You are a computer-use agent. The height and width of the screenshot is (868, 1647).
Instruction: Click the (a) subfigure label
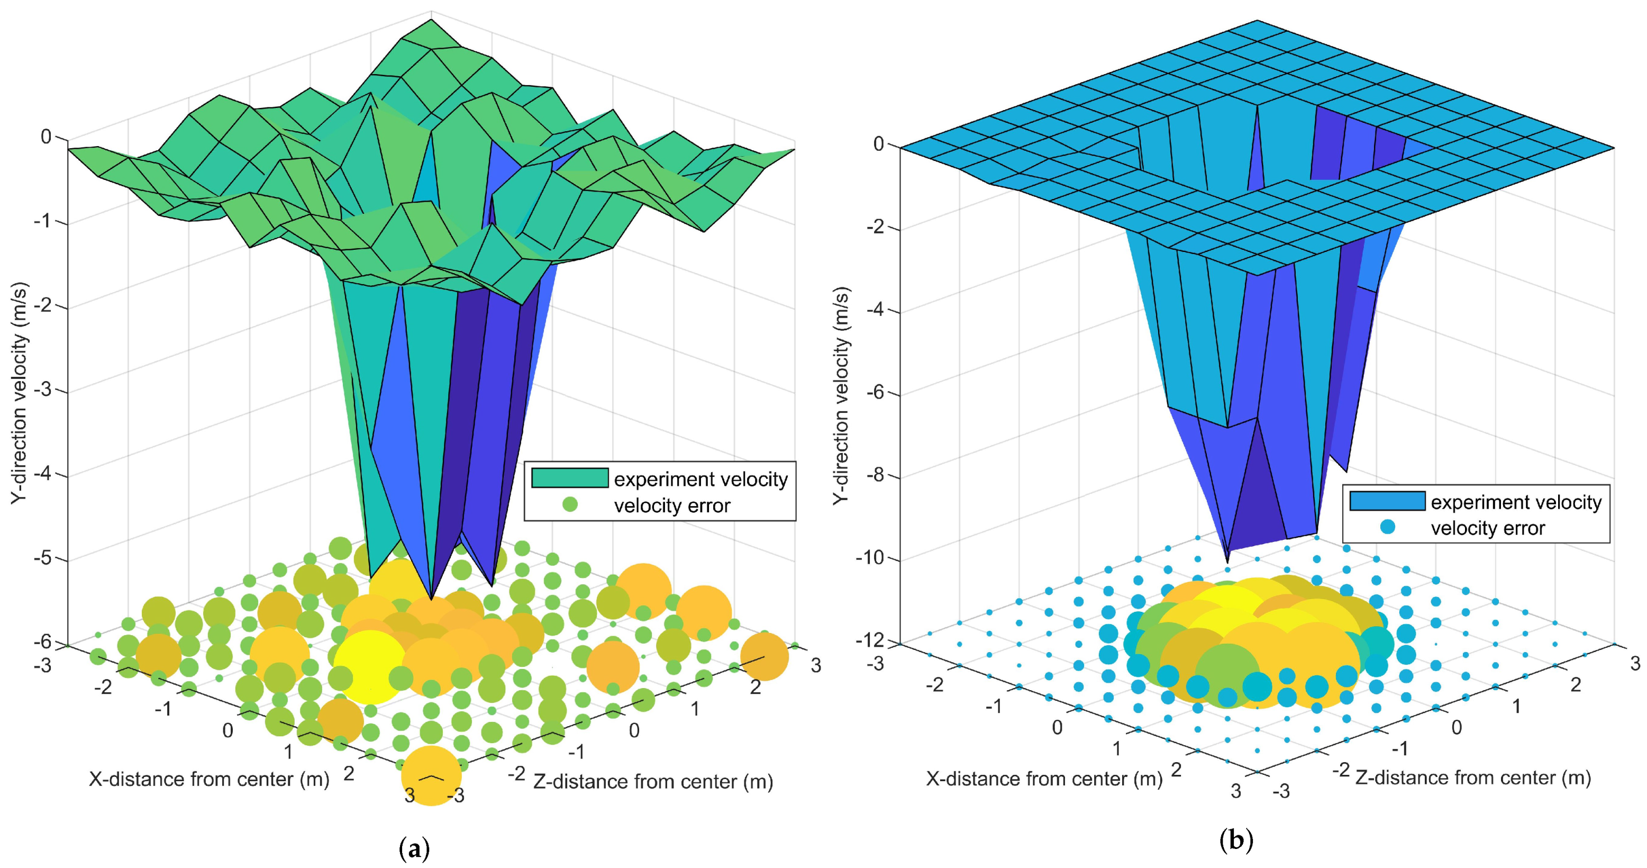click(414, 849)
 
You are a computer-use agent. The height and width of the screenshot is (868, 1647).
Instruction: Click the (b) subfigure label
click(1236, 840)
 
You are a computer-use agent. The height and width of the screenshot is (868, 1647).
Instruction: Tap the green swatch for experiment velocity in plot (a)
click(570, 478)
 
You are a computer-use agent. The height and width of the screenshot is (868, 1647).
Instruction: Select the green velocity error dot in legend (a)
click(570, 505)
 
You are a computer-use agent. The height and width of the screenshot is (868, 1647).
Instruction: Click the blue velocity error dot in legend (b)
click(1387, 528)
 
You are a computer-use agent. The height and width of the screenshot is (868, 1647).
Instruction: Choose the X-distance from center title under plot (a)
click(209, 779)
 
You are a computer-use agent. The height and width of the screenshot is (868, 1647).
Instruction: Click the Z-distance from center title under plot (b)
click(1473, 778)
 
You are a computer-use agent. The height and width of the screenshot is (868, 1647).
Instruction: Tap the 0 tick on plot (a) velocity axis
click(46, 136)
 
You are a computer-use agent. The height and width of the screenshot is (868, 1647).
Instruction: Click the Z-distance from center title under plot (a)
click(653, 782)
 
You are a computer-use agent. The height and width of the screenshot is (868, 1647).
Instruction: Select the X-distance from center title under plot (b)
click(1044, 779)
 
